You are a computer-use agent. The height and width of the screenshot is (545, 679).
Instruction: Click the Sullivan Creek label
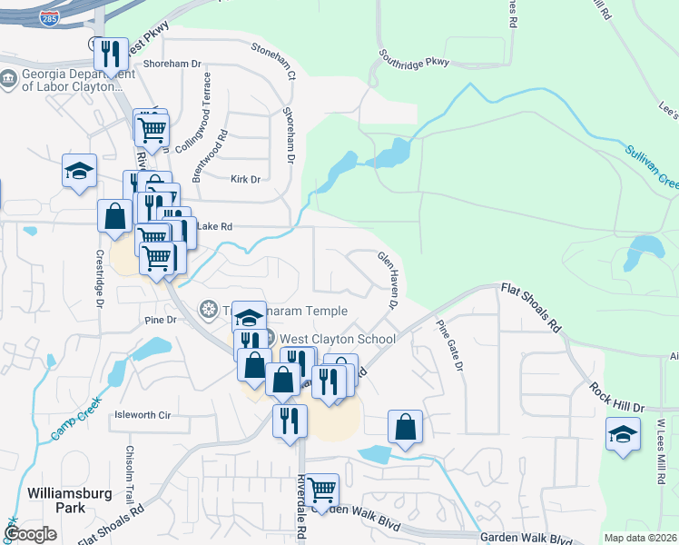point(651,165)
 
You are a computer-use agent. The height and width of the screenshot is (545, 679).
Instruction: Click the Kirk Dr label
point(245,180)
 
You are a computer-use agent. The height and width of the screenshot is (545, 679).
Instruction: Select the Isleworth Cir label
point(142,415)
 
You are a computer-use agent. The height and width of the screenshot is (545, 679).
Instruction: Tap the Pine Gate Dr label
point(448,345)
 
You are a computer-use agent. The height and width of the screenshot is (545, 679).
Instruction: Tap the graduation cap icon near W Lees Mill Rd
point(623,434)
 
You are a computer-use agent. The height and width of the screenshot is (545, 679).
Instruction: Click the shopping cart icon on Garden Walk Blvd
point(322,490)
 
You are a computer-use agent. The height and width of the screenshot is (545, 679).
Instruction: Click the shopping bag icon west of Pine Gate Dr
point(405,426)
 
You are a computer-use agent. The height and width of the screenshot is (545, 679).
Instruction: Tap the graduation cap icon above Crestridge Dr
point(80,171)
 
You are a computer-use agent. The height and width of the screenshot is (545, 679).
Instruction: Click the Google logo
point(31,534)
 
